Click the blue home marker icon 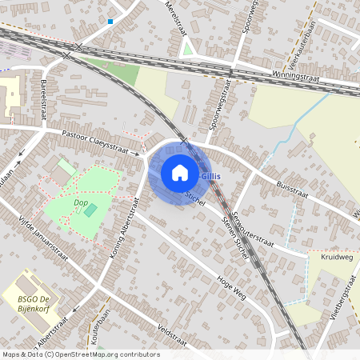[x=180, y=173]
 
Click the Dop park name [x=80, y=203]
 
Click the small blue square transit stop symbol [x=110, y=22]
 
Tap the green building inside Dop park [x=90, y=210]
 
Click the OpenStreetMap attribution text [x=81, y=354]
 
